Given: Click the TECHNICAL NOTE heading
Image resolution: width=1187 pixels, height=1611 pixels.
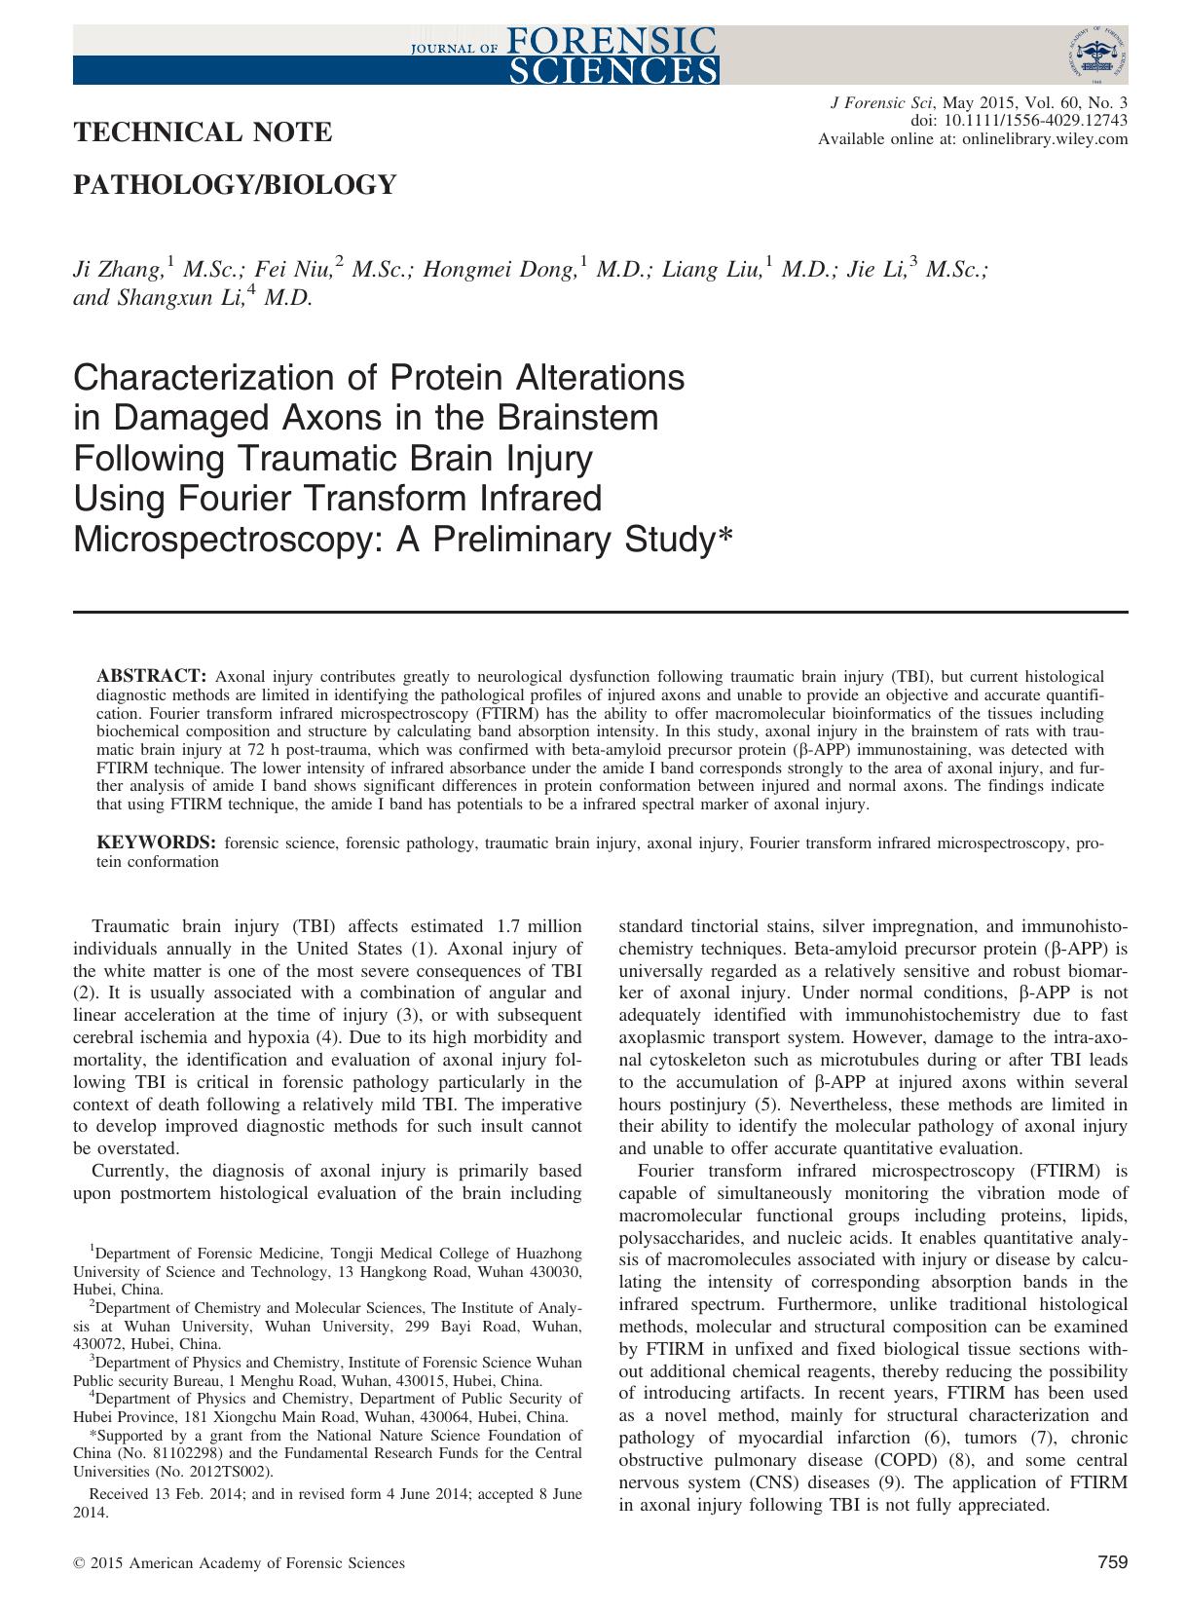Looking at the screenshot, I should click(203, 132).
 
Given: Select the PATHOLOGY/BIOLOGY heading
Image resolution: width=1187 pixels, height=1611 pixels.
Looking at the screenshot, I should click(235, 184).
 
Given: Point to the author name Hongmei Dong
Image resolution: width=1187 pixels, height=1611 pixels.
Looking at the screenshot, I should click(507, 270).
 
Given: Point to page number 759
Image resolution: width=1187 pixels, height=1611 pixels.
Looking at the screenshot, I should click(1112, 1562).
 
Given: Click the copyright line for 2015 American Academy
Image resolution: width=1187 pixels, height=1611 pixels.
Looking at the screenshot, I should click(240, 1563).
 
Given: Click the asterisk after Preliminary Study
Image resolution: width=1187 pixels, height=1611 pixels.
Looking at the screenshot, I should click(723, 535).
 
